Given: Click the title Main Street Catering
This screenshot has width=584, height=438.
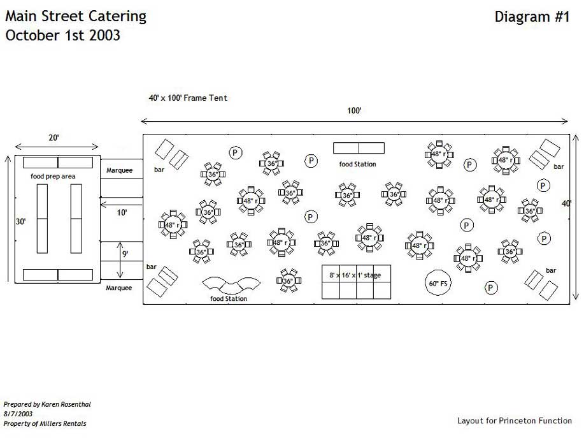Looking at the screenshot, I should tap(76, 16).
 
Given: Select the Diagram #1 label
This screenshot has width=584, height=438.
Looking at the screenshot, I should tap(532, 17).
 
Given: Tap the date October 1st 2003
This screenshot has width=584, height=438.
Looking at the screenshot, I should tap(62, 35).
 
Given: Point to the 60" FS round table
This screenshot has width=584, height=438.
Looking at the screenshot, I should tap(439, 282).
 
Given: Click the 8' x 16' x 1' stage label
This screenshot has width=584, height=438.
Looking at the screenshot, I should tap(355, 275).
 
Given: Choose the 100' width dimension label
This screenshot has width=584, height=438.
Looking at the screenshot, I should tap(355, 110).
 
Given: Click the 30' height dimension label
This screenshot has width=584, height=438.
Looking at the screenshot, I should tap(21, 222).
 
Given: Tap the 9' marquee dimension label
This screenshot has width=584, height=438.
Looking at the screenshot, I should tap(126, 254).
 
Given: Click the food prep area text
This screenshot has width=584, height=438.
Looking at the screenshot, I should tap(53, 175).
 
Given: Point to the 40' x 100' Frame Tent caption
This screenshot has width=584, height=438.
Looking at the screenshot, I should tap(188, 98).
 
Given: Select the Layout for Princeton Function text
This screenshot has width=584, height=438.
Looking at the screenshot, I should tap(515, 421).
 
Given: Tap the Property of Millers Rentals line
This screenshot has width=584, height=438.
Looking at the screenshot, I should tap(45, 423).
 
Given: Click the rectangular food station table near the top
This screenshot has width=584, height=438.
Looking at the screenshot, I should tap(359, 148).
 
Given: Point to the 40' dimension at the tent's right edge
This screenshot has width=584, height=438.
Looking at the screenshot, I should tap(566, 203).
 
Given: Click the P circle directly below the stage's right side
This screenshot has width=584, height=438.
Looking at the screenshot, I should tap(491, 288).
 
